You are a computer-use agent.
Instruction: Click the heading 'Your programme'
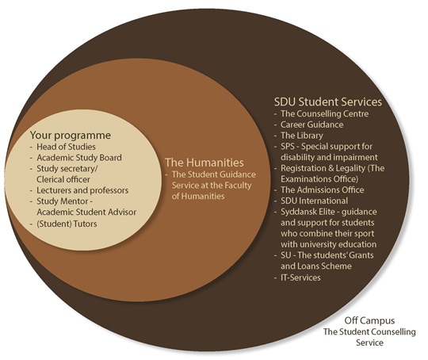pyautogui.click(x=71, y=136)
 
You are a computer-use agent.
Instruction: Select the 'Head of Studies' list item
pyautogui.click(x=66, y=147)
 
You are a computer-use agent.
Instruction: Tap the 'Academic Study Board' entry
pyautogui.click(x=79, y=158)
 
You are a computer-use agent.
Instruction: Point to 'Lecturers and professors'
pyautogui.click(x=82, y=190)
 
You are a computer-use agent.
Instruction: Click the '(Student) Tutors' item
pyautogui.click(x=67, y=224)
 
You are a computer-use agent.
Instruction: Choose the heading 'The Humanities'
pyautogui.click(x=204, y=163)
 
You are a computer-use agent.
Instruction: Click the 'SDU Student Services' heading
pyautogui.click(x=328, y=101)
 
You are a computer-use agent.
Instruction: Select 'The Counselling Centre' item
pyautogui.click(x=324, y=113)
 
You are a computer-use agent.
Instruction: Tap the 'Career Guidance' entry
pyautogui.click(x=312, y=124)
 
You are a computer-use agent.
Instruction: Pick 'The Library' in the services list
pyautogui.click(x=302, y=136)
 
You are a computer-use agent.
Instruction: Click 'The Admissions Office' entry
pyautogui.click(x=323, y=190)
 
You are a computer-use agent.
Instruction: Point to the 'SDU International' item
pyautogui.click(x=314, y=201)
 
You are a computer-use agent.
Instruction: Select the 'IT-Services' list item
pyautogui.click(x=300, y=278)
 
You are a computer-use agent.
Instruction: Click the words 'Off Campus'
pyautogui.click(x=369, y=320)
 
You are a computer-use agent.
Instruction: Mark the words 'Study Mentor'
pyautogui.click(x=63, y=201)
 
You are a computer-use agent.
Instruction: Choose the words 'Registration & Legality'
pyautogui.click(x=323, y=168)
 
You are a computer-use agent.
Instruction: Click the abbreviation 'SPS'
pyautogui.click(x=288, y=147)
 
